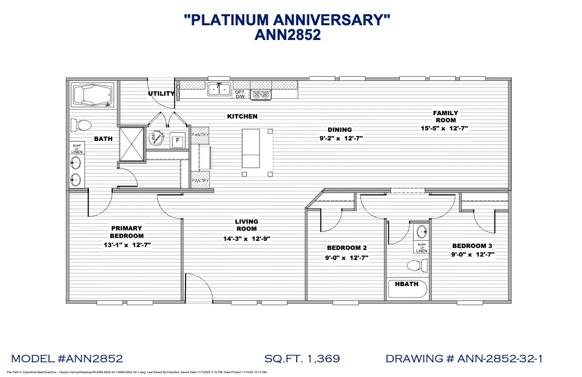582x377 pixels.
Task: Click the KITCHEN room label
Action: pos(242,116)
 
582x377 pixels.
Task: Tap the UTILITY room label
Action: pos(161,94)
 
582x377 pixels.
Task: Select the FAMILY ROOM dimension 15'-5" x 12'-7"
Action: pos(445,128)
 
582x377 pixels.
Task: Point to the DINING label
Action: pos(339,129)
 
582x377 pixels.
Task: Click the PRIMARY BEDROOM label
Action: pos(126,232)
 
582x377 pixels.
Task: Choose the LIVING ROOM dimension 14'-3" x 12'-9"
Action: pos(246,239)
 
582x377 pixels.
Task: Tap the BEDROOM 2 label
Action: pos(347,248)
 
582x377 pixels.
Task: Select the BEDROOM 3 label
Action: pos(472,246)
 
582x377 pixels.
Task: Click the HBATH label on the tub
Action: pos(406,284)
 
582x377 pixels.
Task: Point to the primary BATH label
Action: pos(103,139)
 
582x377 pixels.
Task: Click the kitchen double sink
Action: pos(219,89)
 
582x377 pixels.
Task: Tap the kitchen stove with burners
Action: pos(261,94)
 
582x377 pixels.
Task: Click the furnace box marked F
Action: pos(178,140)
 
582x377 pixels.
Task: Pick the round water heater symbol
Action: pos(155,139)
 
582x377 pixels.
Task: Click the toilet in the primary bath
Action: pos(81,126)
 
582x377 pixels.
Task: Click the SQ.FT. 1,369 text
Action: pos(302,358)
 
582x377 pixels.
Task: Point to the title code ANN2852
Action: pos(288,35)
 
